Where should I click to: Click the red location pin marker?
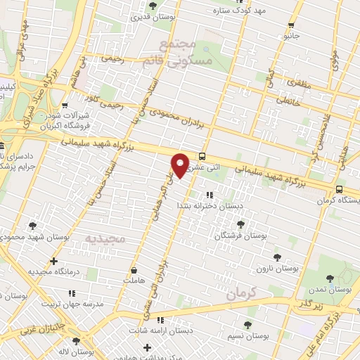click(180, 165)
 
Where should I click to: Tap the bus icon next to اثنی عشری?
click(202, 157)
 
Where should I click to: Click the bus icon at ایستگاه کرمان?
click(340, 189)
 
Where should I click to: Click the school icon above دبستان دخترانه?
click(208, 195)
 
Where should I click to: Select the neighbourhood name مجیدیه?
click(105, 239)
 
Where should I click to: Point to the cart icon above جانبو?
click(290, 25)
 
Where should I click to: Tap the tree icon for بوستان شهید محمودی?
click(33, 226)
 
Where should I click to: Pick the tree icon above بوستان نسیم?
click(247, 324)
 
